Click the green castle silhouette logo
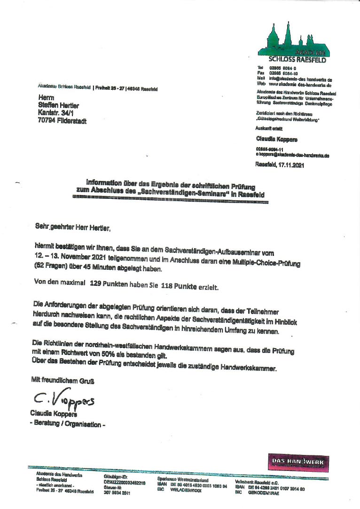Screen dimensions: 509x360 point(293,39)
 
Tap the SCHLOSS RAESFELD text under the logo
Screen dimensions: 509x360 point(296,60)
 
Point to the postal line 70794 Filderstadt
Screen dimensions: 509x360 point(62,120)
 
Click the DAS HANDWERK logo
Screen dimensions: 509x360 point(298,462)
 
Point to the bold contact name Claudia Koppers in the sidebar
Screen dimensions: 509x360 point(277,139)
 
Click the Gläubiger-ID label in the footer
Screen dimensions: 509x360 point(116,477)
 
